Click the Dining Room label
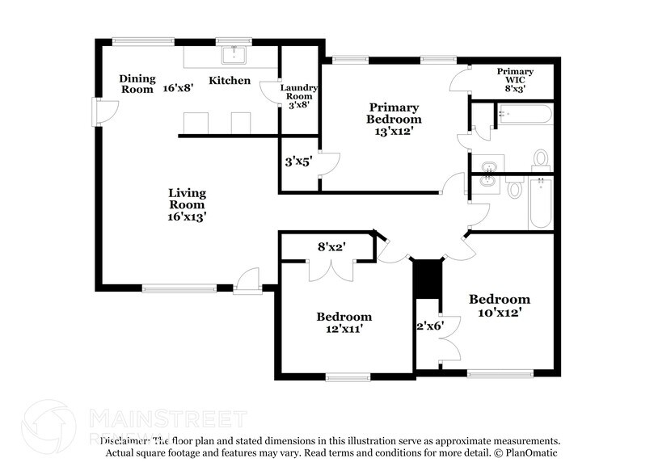137,84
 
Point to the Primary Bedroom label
395,119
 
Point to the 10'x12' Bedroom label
500,305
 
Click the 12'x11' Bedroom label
344,323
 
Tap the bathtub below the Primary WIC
525,114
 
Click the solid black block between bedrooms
426,278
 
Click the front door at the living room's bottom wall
246,282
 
